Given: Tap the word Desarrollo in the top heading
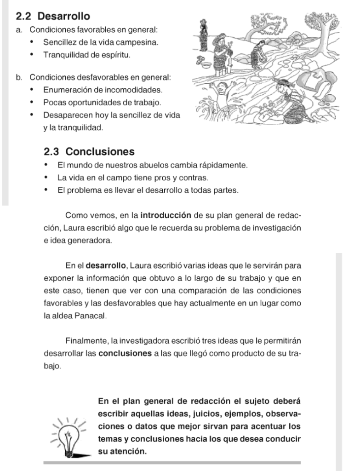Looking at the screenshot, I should click(64, 17).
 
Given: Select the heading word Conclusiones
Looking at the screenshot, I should click(100, 151).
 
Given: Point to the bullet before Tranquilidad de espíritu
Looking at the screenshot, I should click(32, 55).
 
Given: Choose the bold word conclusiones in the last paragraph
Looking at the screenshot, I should click(125, 354).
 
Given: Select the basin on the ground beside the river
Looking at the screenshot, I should click(204, 63).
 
